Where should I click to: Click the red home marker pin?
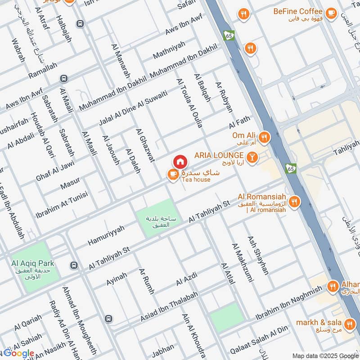coord(180,162)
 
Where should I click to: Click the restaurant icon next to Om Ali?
coord(264,137)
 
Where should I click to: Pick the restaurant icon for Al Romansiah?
coord(295,202)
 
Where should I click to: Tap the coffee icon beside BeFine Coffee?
coord(332,13)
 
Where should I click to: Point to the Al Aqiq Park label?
coord(33,263)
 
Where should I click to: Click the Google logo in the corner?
coord(19,353)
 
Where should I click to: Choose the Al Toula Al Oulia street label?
coord(189,103)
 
